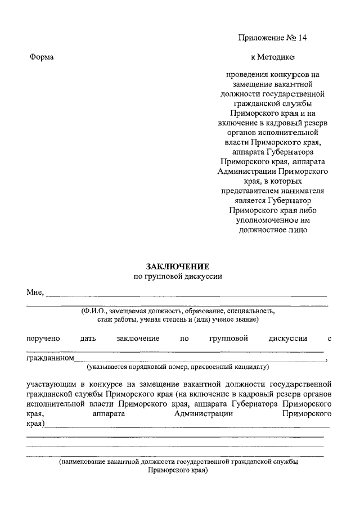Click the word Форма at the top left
(41, 57)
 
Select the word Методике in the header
(277, 57)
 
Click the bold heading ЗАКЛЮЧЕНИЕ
(178, 266)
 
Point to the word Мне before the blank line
(34, 292)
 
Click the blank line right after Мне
(186, 295)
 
